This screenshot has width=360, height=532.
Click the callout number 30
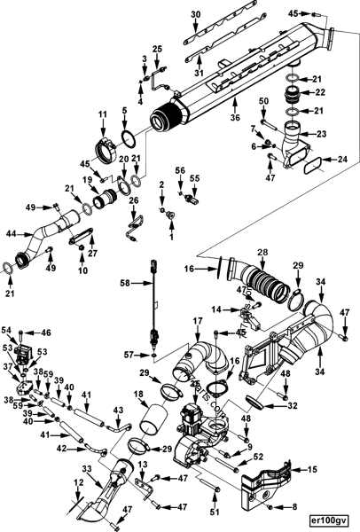[x=196, y=15]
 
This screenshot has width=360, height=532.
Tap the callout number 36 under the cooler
[x=235, y=118]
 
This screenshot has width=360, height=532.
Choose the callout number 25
[x=158, y=48]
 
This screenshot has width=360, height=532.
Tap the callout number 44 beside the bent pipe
[x=12, y=234]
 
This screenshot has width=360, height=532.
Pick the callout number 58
[x=124, y=283]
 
